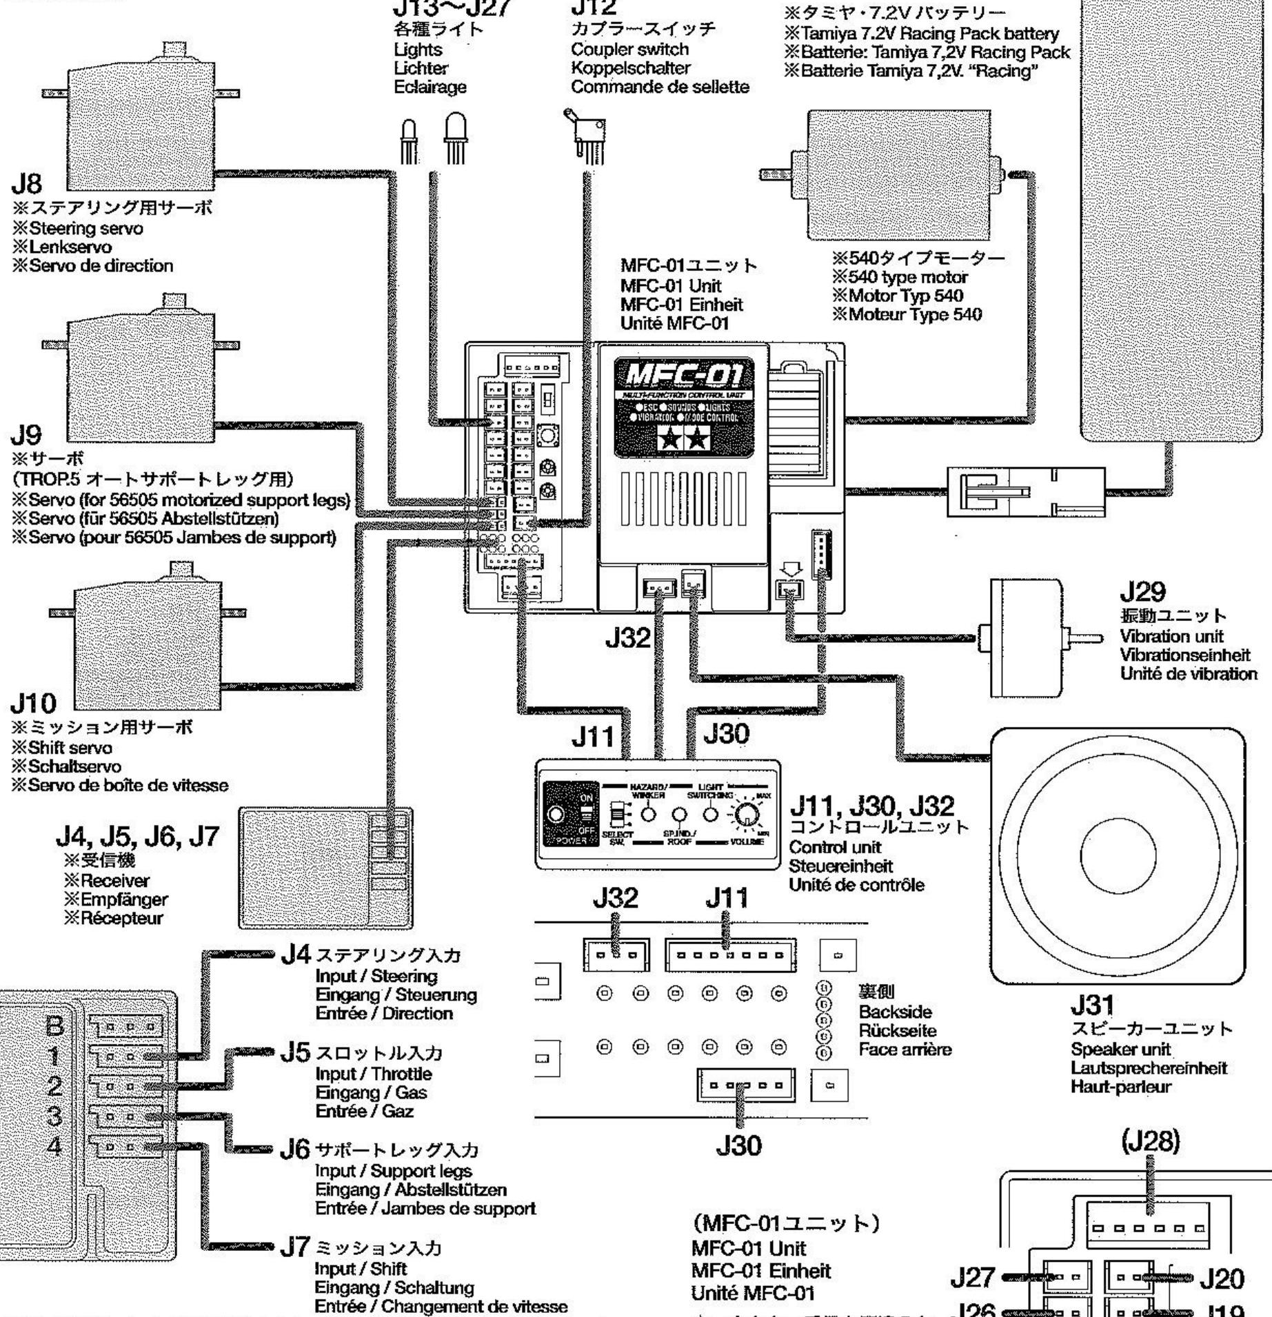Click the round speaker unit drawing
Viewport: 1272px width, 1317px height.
click(x=1118, y=856)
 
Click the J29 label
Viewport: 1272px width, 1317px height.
click(x=1143, y=592)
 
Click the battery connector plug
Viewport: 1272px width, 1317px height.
click(x=1025, y=491)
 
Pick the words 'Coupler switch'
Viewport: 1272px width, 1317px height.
click(x=629, y=50)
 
